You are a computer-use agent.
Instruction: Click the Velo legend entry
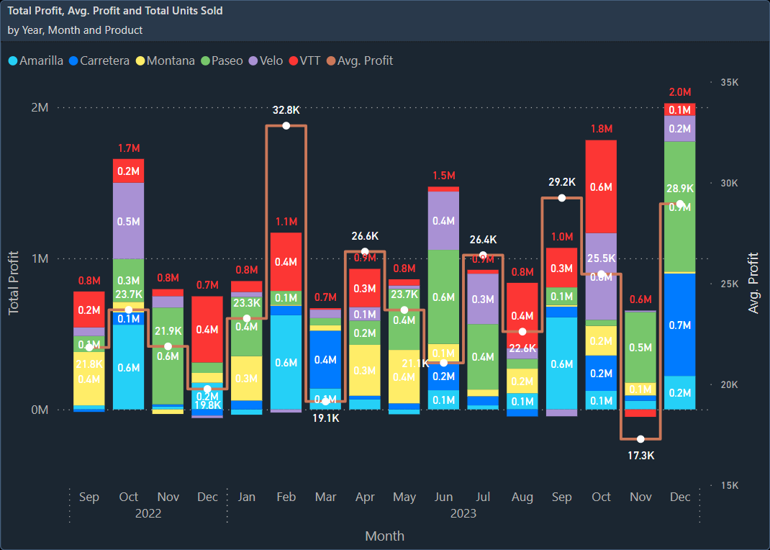coord(267,60)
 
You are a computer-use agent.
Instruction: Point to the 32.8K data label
coord(286,110)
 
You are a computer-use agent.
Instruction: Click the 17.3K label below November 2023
coord(640,455)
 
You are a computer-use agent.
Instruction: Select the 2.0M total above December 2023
coord(679,92)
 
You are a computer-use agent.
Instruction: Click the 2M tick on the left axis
coord(39,107)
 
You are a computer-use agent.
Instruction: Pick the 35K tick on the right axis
coord(729,83)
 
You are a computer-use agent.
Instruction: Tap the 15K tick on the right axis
coord(729,485)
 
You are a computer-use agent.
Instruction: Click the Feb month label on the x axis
coord(286,497)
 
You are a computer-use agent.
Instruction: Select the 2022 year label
coord(148,513)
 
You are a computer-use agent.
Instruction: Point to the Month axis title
coord(384,536)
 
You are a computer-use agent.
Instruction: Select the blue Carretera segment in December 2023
coord(679,324)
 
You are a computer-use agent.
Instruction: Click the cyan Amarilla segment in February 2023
coord(286,362)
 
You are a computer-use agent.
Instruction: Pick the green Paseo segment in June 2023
coord(443,297)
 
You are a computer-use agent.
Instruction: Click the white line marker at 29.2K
coord(562,198)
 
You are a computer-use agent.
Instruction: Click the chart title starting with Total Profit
coord(115,11)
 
